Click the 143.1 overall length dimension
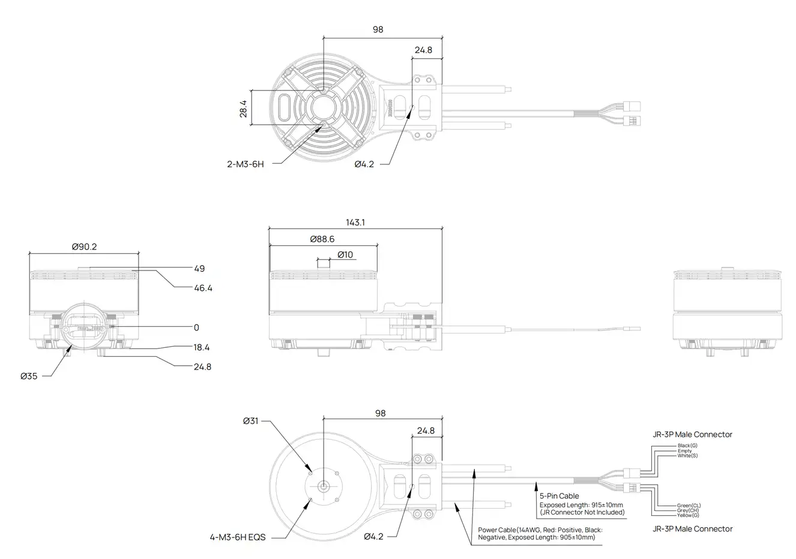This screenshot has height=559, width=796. [x=355, y=223]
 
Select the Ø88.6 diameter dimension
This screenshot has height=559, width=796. [x=322, y=239]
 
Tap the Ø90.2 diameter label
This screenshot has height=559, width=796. [x=85, y=247]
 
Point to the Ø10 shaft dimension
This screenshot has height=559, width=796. [x=345, y=255]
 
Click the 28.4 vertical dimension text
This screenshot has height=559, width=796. [x=243, y=109]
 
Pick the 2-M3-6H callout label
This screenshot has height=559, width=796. [x=245, y=164]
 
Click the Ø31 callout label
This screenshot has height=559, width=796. [x=251, y=421]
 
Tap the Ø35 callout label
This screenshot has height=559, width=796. [x=29, y=377]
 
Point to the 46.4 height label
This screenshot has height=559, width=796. [x=203, y=288]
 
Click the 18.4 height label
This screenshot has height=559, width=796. [x=202, y=347]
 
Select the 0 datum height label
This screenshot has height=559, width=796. [x=196, y=327]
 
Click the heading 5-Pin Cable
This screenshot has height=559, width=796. [x=559, y=496]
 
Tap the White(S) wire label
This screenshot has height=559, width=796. [x=687, y=456]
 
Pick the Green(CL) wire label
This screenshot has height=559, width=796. [x=689, y=506]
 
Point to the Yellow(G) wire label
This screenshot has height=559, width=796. [x=688, y=515]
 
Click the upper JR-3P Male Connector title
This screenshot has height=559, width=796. [x=692, y=434]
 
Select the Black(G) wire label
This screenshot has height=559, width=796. [x=687, y=446]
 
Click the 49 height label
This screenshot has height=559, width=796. [x=199, y=269]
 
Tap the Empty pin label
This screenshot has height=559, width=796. [x=684, y=451]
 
